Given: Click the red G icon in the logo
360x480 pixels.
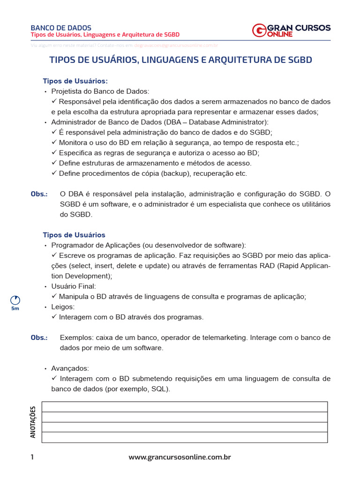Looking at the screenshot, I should coord(259,30).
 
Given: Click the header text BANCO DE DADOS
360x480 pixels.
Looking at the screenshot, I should coord(61,28).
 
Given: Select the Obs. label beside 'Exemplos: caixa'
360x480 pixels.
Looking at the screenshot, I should coord(39,338).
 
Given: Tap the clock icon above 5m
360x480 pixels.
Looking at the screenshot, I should coord(15,300).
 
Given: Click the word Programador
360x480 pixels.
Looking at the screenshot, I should coord(72,245).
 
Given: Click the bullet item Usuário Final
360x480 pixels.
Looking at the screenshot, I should coord(73,286).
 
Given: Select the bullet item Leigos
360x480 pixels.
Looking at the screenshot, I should coord(62,307).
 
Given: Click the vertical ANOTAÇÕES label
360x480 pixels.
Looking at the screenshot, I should coord(33,422).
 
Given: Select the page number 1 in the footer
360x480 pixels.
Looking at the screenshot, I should coord(32,457).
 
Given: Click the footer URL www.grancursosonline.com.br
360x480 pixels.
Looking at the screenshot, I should coord(180,457).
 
